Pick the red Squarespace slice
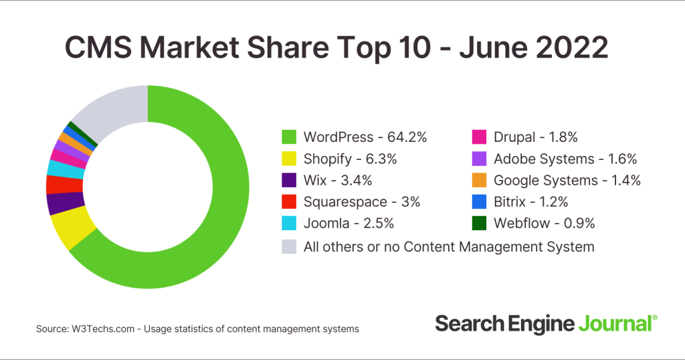[x=56, y=184]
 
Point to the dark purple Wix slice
[x=59, y=203]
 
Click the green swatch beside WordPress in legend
[x=288, y=137]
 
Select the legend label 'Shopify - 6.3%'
[x=351, y=159]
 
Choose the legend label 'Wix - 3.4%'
[x=337, y=181]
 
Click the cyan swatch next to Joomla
[x=288, y=223]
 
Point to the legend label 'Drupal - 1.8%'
[x=535, y=137]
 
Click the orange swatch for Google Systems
[x=479, y=181]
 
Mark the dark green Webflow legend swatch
[x=479, y=223]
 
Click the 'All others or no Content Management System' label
[x=449, y=246]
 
